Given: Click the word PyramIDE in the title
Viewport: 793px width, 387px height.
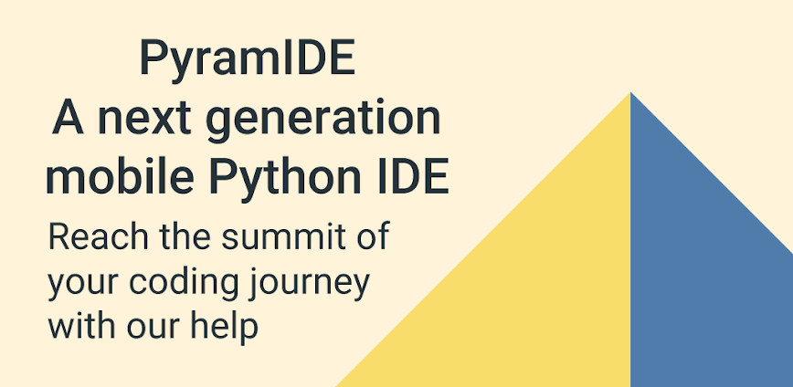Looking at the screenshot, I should tap(247, 59).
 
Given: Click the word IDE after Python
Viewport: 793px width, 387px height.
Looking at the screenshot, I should tap(415, 178).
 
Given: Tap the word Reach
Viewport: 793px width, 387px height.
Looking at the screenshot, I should tap(91, 237).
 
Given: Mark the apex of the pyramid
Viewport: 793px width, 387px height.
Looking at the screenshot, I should tap(630, 93).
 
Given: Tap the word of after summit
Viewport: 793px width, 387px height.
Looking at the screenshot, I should tap(371, 237).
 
